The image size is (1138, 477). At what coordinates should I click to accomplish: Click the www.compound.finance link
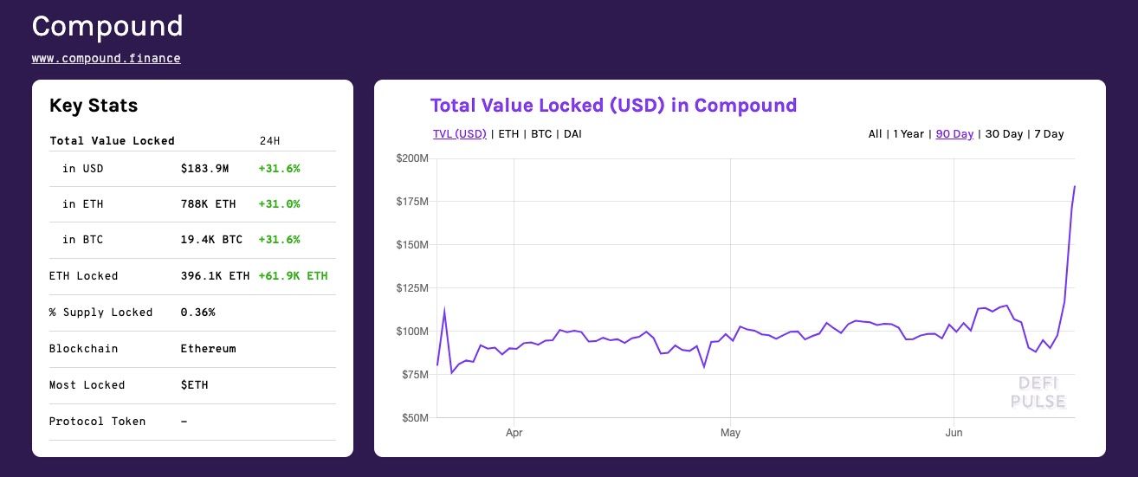(107, 59)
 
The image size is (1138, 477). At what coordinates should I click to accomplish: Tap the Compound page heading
(107, 26)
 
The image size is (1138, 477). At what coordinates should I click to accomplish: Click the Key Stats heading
(94, 106)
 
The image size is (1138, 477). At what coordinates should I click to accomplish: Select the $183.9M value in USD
(204, 168)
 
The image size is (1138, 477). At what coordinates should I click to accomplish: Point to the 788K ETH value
(208, 204)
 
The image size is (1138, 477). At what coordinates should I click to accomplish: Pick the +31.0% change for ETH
(279, 204)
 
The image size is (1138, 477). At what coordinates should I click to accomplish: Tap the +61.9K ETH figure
(293, 276)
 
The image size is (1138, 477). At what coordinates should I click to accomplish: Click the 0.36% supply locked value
(197, 313)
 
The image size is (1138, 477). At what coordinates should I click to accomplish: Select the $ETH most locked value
(194, 385)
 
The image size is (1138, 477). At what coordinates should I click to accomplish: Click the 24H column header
(270, 141)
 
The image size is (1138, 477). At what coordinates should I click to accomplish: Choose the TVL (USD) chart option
(459, 134)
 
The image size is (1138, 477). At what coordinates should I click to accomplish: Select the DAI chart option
(572, 134)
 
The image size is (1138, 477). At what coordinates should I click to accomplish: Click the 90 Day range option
(954, 134)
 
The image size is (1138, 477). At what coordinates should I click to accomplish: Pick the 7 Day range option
(1049, 134)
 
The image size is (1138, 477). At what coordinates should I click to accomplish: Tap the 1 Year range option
(908, 134)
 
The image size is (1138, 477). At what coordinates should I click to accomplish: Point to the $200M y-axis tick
(411, 158)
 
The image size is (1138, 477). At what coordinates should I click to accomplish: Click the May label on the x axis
(730, 432)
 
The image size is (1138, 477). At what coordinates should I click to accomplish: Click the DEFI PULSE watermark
(1038, 392)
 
